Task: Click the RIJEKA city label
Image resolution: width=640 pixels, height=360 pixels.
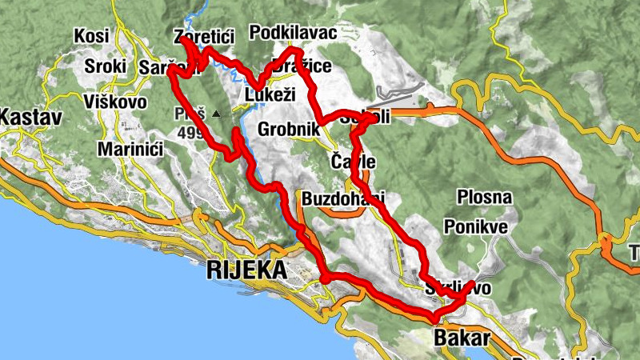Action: pyautogui.click(x=246, y=270)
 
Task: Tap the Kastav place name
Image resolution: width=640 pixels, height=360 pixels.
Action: pyautogui.click(x=30, y=118)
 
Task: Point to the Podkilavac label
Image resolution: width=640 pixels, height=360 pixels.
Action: pyautogui.click(x=293, y=33)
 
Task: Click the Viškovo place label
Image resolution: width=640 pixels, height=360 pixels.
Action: pyautogui.click(x=114, y=102)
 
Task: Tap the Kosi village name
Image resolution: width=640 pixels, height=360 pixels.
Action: pyautogui.click(x=90, y=36)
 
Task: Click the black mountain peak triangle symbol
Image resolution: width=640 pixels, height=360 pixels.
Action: pyautogui.click(x=216, y=114)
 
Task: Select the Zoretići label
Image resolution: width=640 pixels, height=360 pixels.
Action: pyautogui.click(x=205, y=37)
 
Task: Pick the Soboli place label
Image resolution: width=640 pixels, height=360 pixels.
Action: pyautogui.click(x=365, y=117)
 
